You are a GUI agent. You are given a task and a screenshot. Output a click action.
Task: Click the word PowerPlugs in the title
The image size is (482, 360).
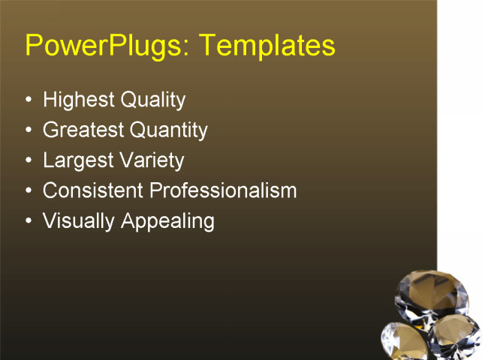[99, 46]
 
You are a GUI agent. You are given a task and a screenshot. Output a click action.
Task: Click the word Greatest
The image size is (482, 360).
[83, 130]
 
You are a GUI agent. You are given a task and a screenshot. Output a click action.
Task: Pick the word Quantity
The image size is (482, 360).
[169, 130]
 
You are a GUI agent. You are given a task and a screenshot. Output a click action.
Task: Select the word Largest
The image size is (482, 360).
[77, 160]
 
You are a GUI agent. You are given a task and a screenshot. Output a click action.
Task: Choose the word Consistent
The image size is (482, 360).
[93, 190]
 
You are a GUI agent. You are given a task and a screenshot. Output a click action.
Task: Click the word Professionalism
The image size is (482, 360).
[223, 190]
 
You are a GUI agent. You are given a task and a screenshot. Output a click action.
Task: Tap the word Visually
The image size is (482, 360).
[75, 221]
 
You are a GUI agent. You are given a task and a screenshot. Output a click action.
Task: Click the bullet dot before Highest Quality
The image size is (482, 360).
[29, 100]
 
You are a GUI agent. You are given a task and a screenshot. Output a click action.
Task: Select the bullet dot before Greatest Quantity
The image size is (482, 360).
[29, 130]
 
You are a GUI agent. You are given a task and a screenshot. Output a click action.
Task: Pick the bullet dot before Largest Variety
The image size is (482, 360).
[29, 160]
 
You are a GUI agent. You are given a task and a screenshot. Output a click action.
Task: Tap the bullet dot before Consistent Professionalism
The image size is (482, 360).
[29, 190]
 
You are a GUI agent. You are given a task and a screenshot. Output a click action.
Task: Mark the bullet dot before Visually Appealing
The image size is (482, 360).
[29, 221]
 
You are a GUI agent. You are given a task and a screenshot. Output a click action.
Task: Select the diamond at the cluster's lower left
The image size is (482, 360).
[405, 342]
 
